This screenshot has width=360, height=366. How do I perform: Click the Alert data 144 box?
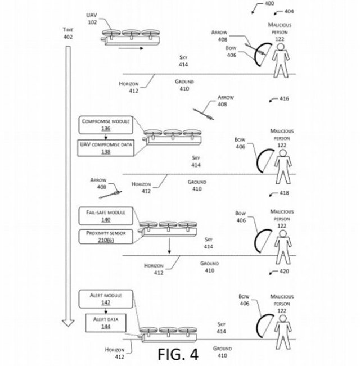(106, 322)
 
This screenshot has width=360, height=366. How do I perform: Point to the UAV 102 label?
(92, 19)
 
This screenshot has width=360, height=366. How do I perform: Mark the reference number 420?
(283, 270)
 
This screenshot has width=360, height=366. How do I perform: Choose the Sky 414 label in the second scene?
(196, 162)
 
